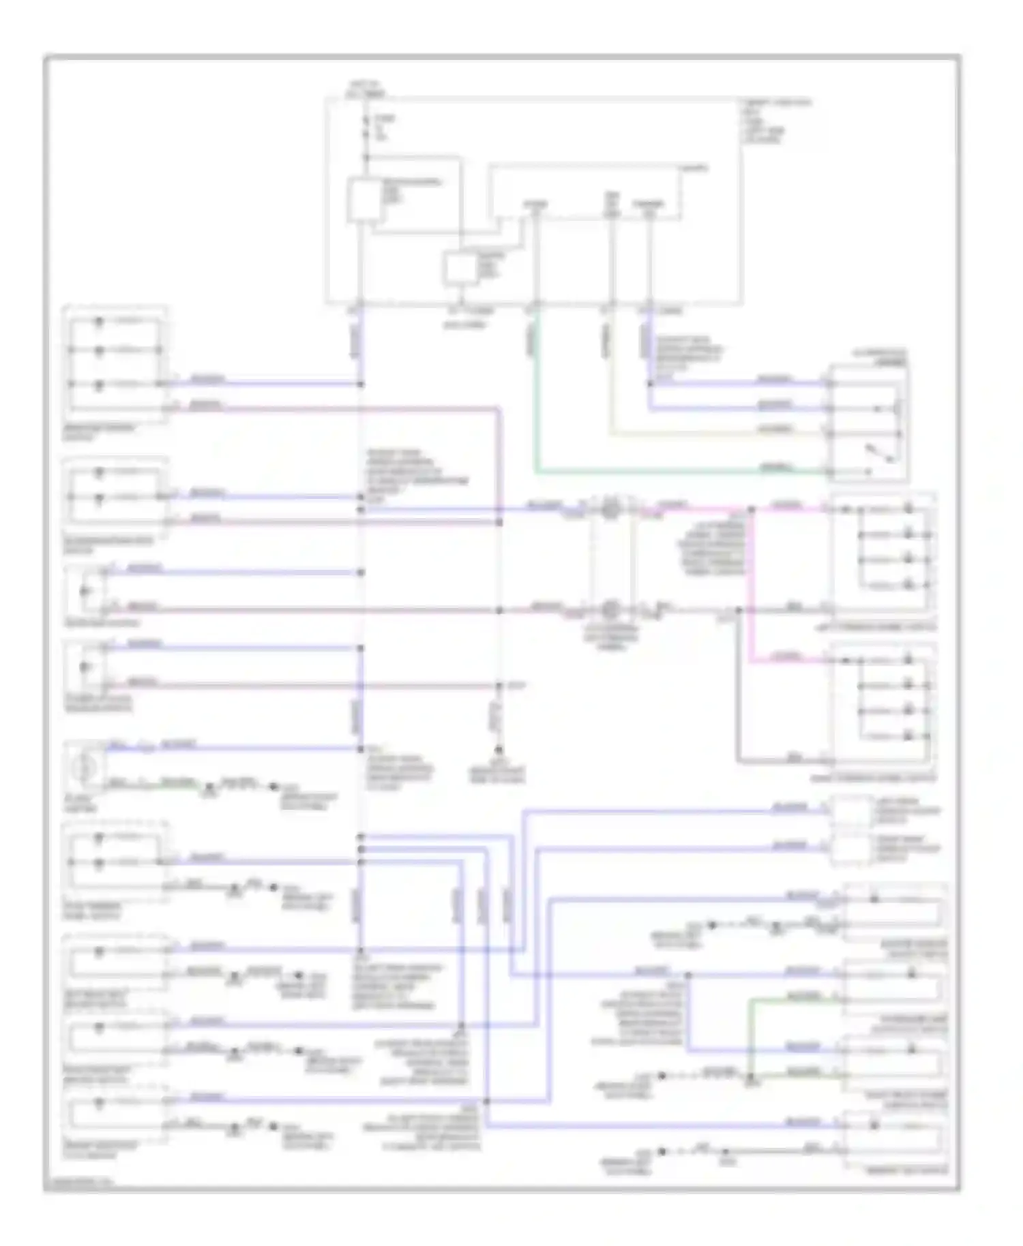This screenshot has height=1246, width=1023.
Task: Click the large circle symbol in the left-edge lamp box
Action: coord(85,768)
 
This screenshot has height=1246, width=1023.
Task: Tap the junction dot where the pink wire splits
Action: coord(751,509)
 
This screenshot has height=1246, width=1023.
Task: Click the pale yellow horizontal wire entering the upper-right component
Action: coord(716,434)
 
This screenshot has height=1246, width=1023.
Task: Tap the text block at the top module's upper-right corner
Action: coord(777,122)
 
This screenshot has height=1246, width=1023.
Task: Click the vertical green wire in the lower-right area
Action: coord(750,1036)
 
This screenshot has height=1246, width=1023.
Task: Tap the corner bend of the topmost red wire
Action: coord(500,410)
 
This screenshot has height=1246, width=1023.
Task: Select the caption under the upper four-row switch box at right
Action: coord(883,627)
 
